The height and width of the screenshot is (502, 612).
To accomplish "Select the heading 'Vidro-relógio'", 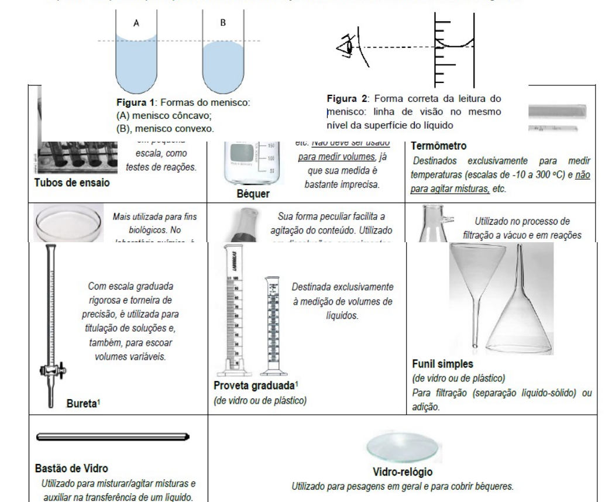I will pyautogui.click(x=404, y=472).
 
